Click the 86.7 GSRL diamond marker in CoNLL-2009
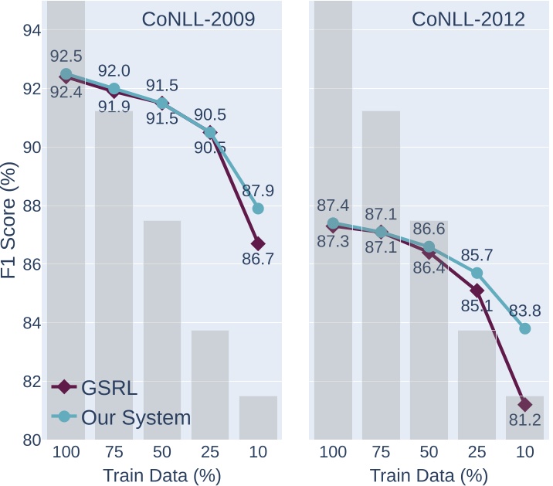click(x=258, y=243)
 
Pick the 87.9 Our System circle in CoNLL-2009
click(x=258, y=209)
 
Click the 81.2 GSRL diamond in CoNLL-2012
click(x=525, y=405)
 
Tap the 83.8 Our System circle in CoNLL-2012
click(x=525, y=328)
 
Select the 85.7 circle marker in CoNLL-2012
click(x=477, y=273)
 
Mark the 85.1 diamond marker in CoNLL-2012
click(x=477, y=291)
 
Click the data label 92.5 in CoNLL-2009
click(x=66, y=56)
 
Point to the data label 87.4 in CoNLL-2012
click(x=333, y=206)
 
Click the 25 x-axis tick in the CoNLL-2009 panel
click(x=210, y=453)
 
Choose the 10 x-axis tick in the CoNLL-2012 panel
click(x=525, y=453)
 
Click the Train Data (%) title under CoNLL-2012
click(x=429, y=474)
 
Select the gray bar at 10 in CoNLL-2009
click(x=258, y=418)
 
